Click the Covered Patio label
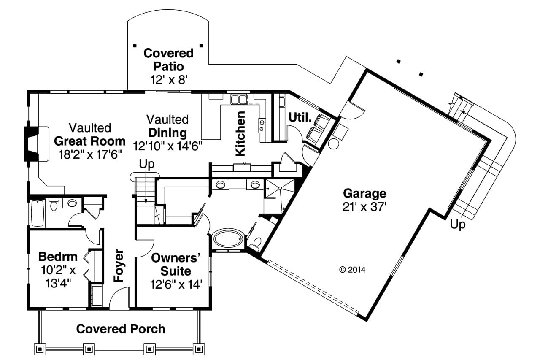click(168, 60)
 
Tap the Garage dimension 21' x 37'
click(364, 207)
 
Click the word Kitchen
click(240, 133)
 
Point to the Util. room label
click(300, 118)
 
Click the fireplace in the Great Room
click(31, 143)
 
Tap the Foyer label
click(119, 265)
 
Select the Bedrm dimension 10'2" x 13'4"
click(57, 276)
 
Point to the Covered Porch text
click(121, 329)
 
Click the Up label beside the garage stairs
click(458, 225)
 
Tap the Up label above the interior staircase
click(147, 163)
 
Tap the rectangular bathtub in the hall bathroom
click(37, 214)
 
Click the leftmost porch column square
click(40, 349)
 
